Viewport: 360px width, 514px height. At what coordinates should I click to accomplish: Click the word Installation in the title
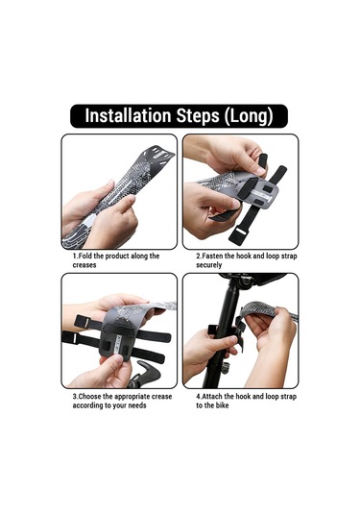pos(128,115)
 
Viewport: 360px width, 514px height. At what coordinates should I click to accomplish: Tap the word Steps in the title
pos(198,116)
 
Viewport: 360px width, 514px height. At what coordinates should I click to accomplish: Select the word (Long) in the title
pos(249,116)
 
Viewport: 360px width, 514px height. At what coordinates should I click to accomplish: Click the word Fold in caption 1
pos(85,256)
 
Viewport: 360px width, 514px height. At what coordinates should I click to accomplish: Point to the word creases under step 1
pos(84,265)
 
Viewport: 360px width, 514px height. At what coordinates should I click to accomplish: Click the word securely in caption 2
pos(209,265)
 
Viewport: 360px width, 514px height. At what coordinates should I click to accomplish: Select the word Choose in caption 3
pos(89,397)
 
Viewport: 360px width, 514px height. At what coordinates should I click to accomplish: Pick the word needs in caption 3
pos(137,405)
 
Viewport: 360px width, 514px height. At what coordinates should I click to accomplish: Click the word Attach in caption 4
pos(212,397)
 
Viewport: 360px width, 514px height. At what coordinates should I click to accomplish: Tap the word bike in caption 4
pos(222,405)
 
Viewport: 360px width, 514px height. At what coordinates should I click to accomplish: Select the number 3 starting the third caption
pos(75,397)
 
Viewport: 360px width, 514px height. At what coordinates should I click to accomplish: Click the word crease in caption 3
pos(162,397)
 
